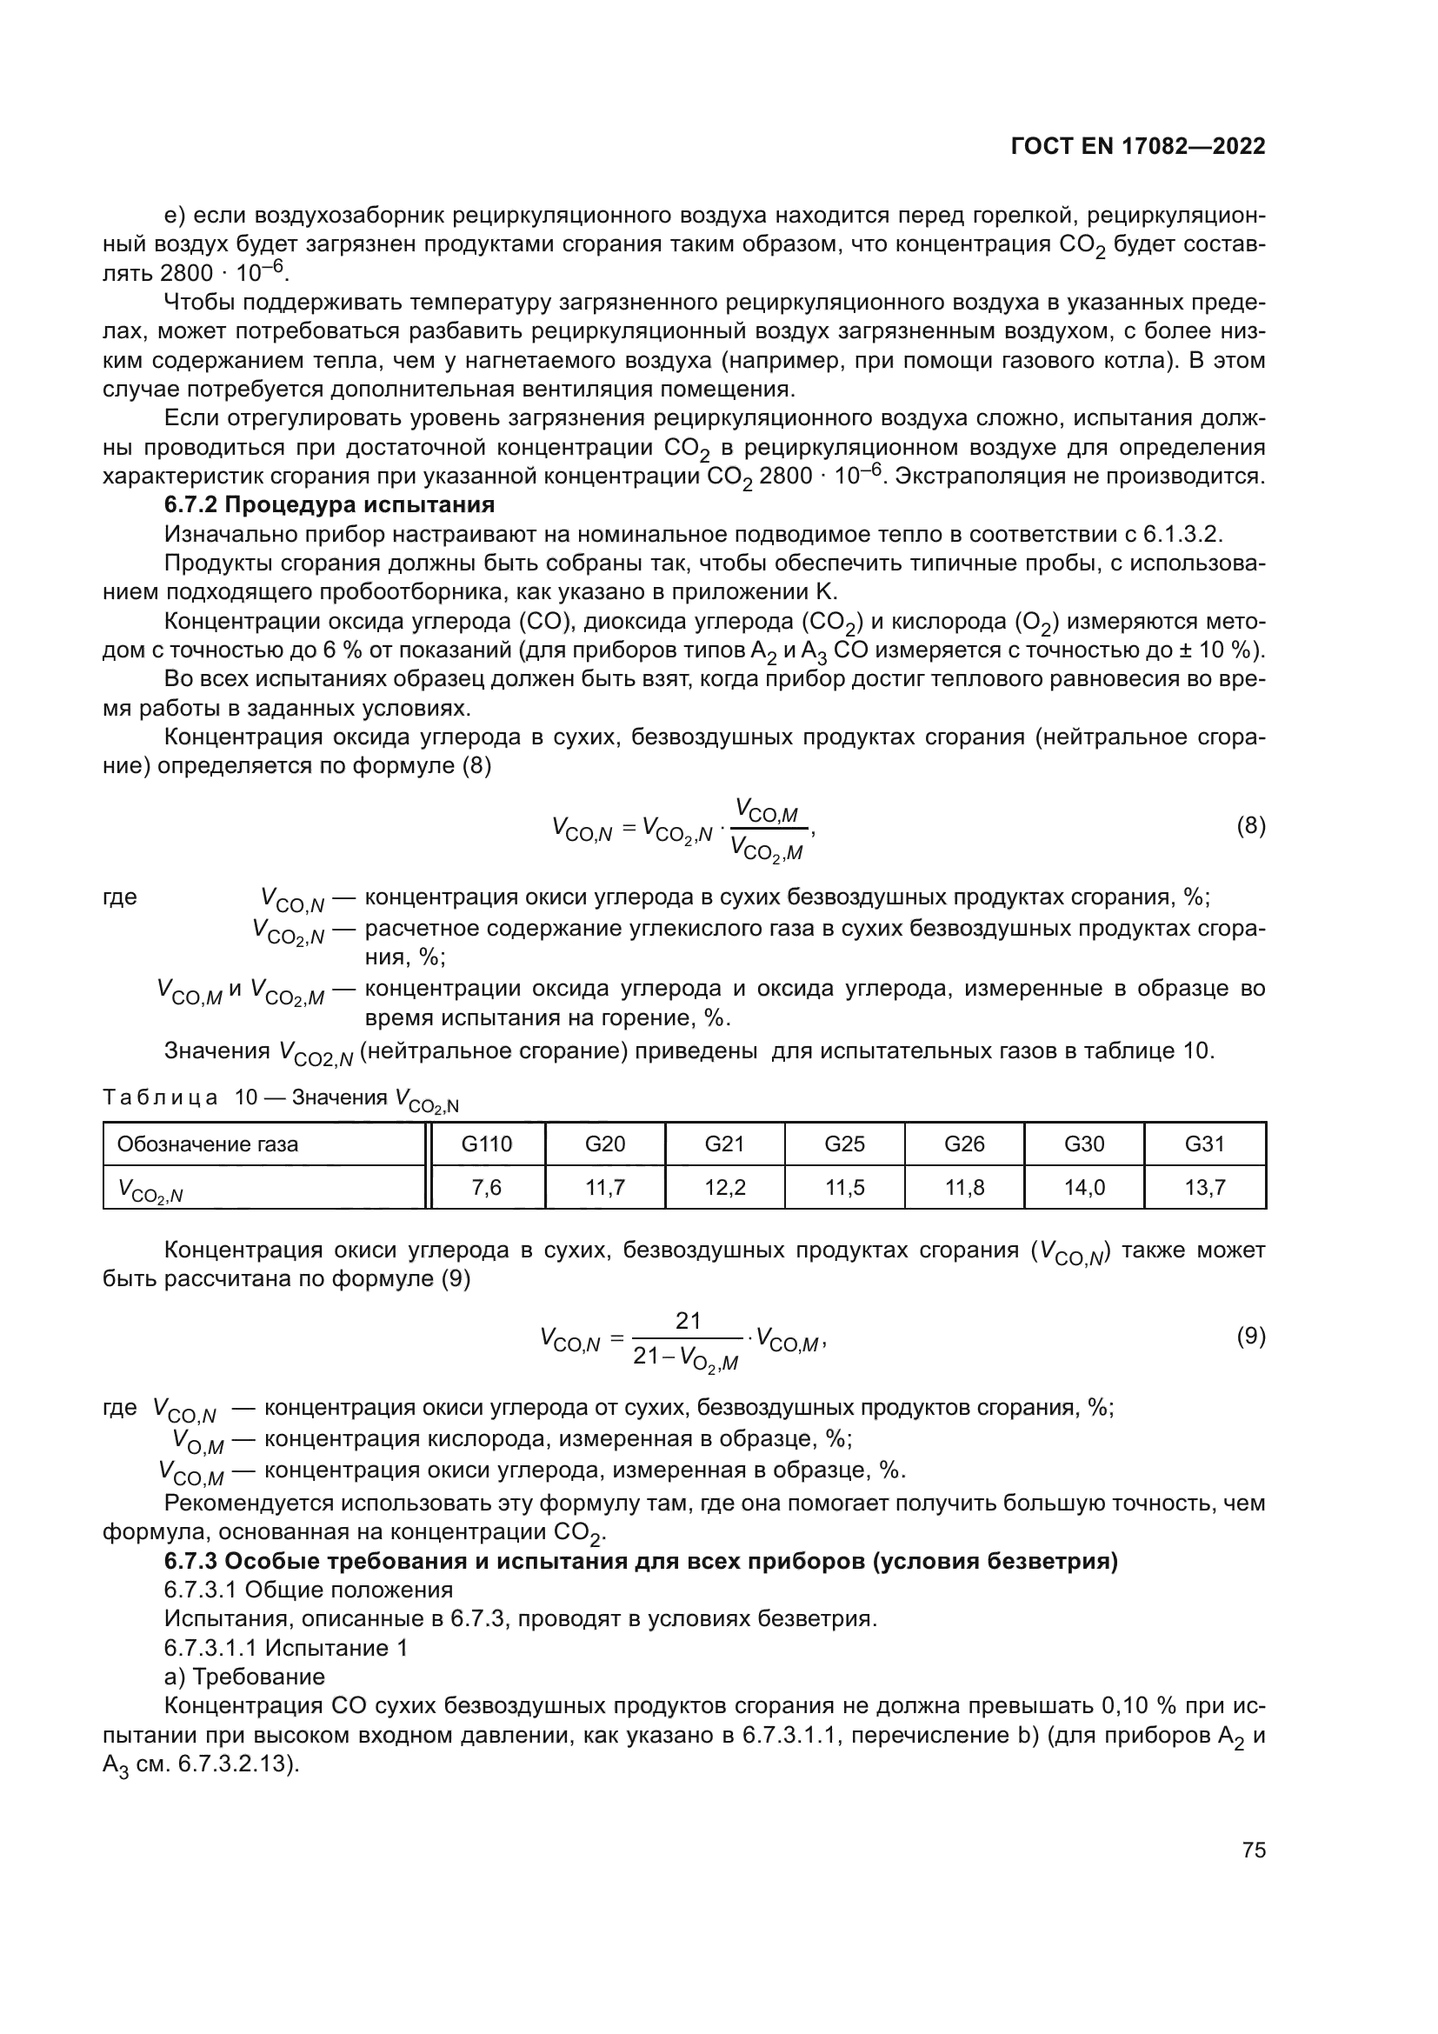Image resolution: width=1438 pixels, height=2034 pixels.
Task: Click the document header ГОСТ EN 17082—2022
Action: [x=1138, y=147]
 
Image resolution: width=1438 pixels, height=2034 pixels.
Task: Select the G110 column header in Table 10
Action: [x=487, y=1144]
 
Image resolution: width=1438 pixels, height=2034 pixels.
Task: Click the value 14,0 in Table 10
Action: [x=1084, y=1187]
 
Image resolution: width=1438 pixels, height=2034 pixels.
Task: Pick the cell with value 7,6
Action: [x=487, y=1187]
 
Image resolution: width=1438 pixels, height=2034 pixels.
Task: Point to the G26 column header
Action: [x=964, y=1144]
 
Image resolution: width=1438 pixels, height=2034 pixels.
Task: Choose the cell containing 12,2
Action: [x=724, y=1187]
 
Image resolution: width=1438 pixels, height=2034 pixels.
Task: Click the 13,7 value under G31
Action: [x=1204, y=1187]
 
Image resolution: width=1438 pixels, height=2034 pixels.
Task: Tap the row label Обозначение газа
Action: [x=208, y=1144]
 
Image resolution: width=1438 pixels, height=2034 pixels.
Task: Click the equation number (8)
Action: [x=1250, y=826]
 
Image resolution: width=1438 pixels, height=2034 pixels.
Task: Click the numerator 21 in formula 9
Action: [x=688, y=1321]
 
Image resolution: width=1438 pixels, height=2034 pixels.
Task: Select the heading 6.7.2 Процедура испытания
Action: [x=330, y=505]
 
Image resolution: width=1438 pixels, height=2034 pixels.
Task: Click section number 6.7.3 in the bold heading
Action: [x=191, y=1561]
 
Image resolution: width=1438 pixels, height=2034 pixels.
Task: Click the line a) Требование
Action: [x=244, y=1677]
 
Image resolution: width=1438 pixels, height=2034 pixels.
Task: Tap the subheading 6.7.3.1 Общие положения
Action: [x=308, y=1591]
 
